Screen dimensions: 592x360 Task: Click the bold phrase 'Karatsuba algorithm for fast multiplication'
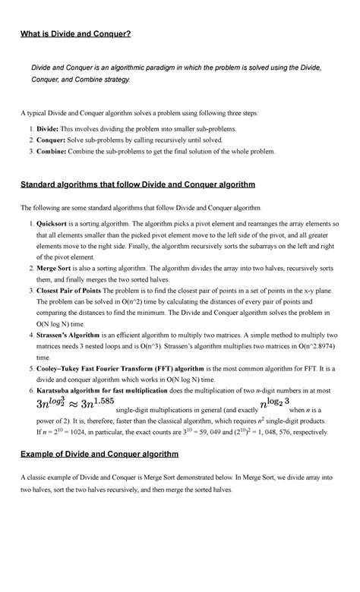(112, 389)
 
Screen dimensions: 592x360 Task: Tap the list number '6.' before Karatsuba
(31, 389)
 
